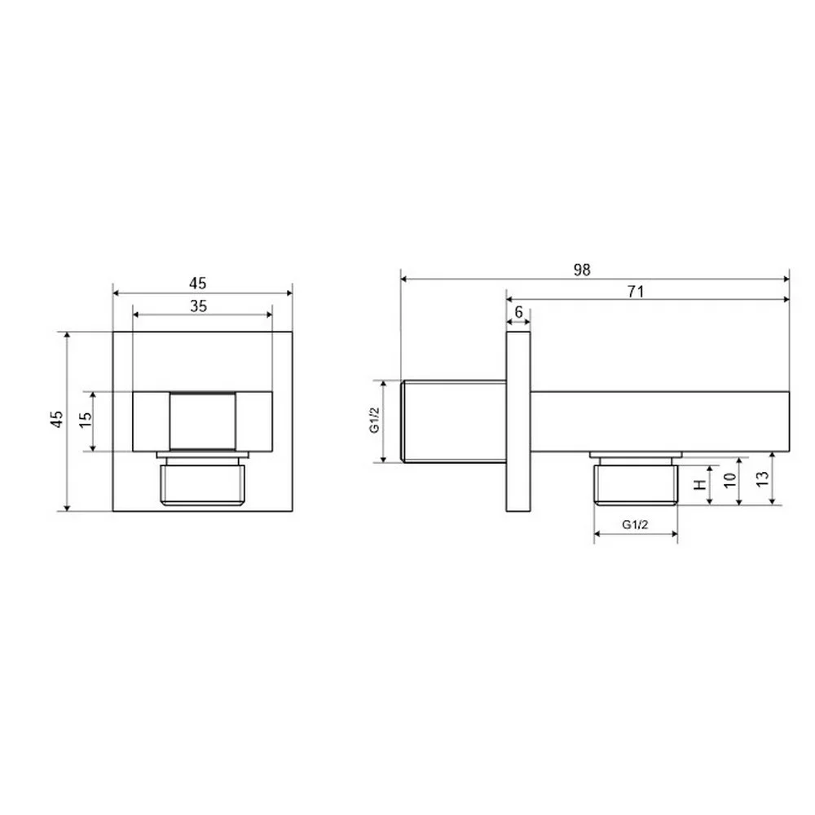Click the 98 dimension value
coord(582,269)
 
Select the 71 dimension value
coord(636,292)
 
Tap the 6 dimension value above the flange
coord(518,312)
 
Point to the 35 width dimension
coord(199,306)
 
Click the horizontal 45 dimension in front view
coord(197,284)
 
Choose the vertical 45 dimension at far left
coord(57,419)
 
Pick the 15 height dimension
coord(86,420)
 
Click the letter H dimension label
coord(701,484)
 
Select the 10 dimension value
coord(730,480)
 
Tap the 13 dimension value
coord(762,478)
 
